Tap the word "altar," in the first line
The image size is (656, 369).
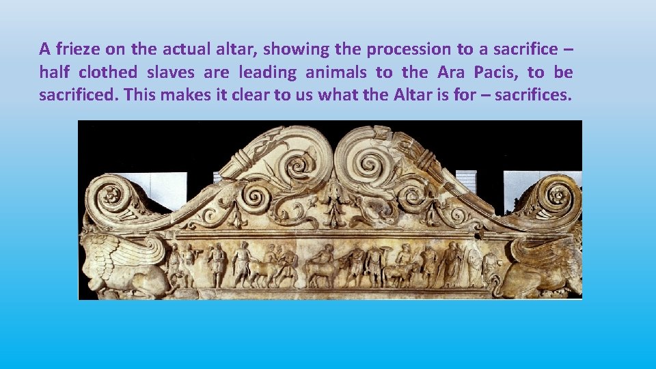pyautogui.click(x=235, y=49)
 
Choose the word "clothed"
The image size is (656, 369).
pyautogui.click(x=109, y=72)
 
